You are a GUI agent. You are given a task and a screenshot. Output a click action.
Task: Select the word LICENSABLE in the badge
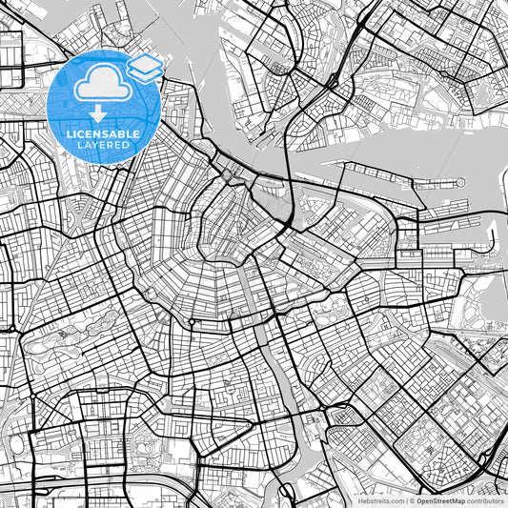point(104,134)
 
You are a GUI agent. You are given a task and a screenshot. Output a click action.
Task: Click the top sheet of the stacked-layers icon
point(145,64)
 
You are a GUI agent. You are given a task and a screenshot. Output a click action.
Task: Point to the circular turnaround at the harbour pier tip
point(459,181)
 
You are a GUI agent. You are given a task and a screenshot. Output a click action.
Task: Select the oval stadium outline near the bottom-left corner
point(16,444)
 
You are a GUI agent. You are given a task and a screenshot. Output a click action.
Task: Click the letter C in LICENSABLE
point(81,134)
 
